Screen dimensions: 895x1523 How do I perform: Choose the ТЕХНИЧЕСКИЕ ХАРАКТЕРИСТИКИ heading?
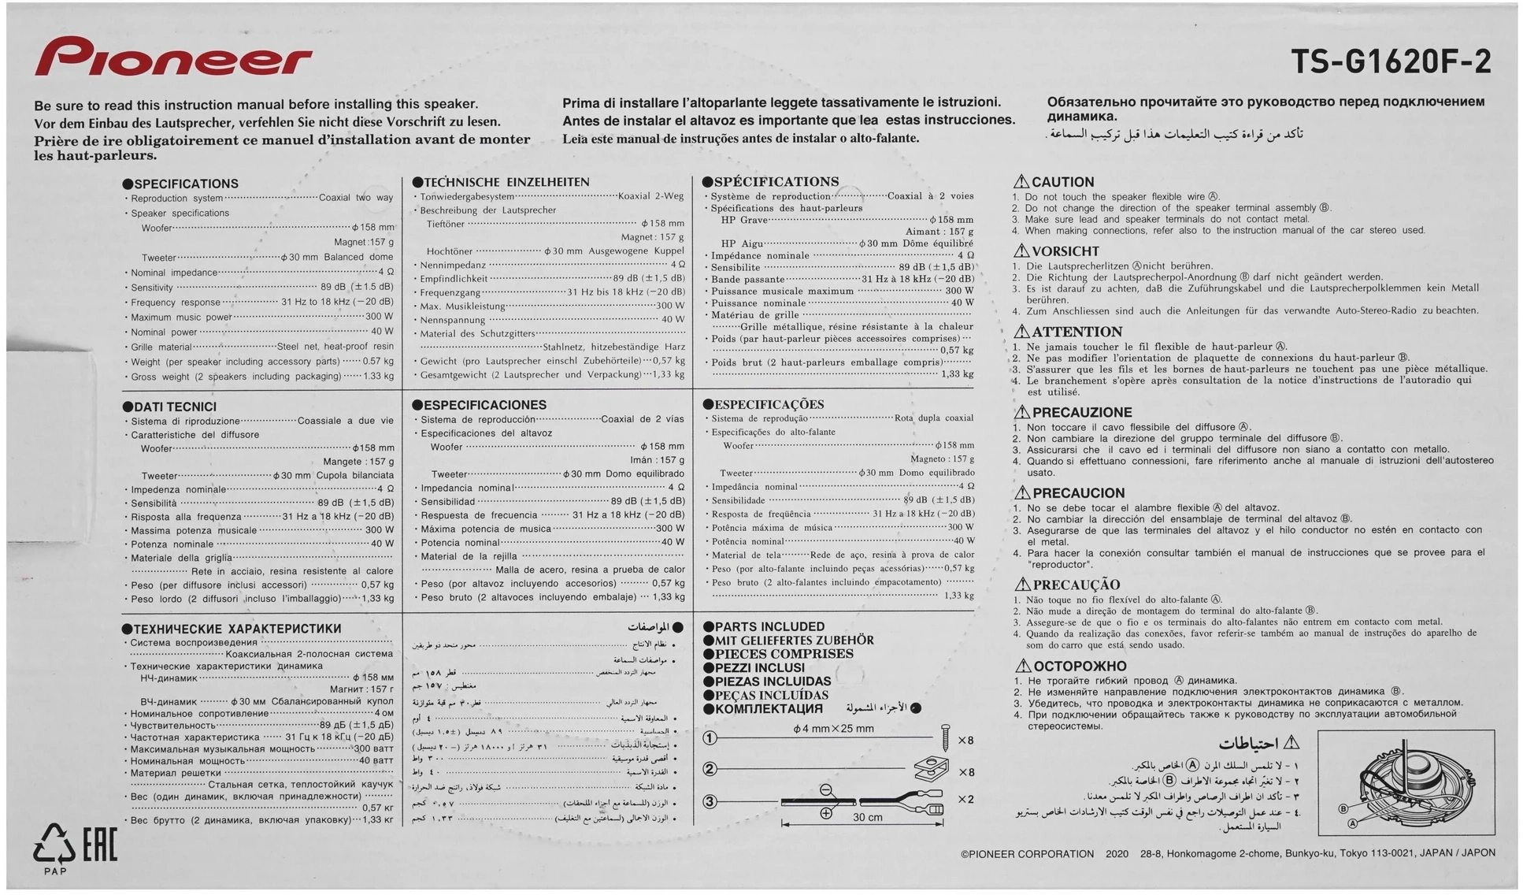point(237,629)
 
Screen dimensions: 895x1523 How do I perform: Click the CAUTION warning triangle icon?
point(1021,181)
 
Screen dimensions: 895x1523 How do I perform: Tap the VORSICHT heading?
point(1065,251)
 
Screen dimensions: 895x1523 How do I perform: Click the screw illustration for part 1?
point(945,738)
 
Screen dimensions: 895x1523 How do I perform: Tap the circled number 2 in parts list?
point(710,769)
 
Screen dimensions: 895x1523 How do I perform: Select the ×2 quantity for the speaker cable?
point(965,799)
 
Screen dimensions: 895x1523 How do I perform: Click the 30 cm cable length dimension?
point(867,818)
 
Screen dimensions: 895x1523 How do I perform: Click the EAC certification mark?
point(100,845)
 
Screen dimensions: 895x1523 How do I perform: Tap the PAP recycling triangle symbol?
point(54,845)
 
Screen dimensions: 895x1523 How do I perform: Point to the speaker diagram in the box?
point(1406,782)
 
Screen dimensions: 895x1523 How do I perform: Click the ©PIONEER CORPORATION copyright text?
point(1027,854)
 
